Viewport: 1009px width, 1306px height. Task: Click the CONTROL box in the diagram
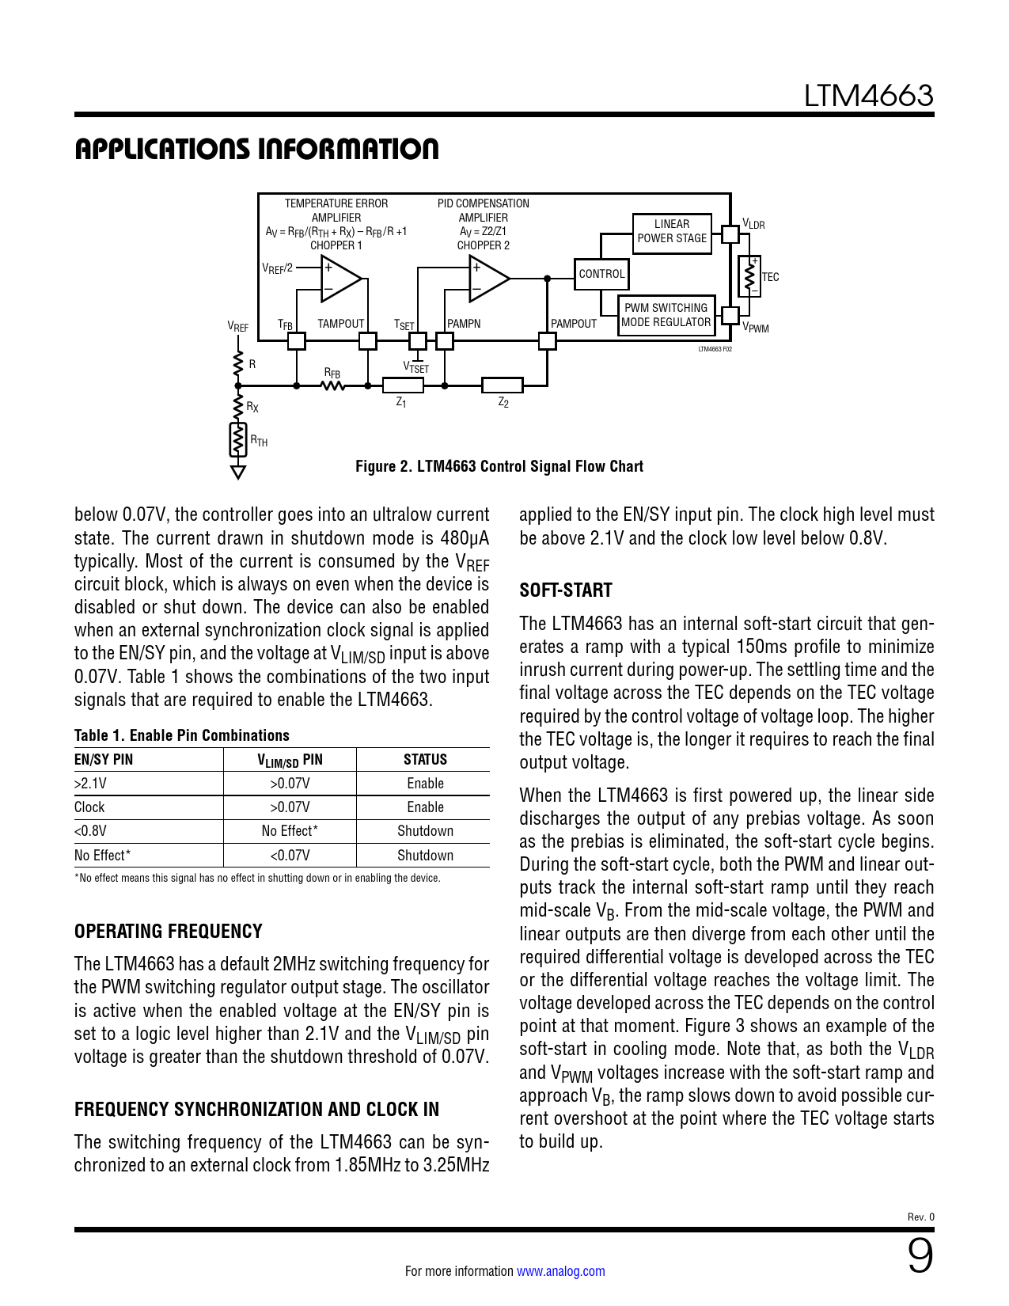(601, 274)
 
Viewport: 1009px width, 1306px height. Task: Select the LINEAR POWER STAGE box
(672, 232)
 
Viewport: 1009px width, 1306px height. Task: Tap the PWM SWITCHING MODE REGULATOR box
(666, 315)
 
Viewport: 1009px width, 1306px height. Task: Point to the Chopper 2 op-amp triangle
(487, 279)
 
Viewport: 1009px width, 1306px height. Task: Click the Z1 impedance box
(403, 385)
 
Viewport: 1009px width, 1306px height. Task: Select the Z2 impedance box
(503, 385)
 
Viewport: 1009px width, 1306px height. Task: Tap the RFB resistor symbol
(333, 385)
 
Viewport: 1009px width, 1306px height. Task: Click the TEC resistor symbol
(749, 277)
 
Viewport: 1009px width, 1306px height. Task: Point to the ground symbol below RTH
(237, 473)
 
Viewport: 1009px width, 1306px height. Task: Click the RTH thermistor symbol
(237, 440)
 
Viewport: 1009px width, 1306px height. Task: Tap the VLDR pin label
(753, 225)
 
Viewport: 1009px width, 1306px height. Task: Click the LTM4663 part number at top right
(868, 96)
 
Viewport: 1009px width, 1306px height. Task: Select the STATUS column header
(425, 760)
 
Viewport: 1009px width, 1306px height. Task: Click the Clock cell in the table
(89, 807)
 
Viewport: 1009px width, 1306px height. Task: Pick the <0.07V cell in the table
(290, 856)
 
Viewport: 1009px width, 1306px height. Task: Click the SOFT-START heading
(566, 590)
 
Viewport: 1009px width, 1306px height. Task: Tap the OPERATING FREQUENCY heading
(169, 932)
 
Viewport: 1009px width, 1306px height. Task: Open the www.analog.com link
(561, 1271)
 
